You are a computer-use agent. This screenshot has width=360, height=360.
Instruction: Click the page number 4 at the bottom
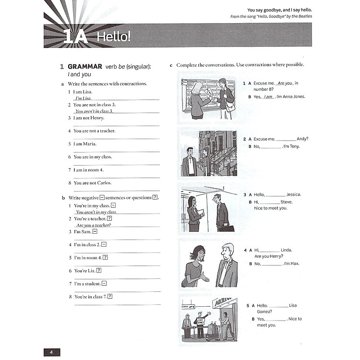click(x=51, y=352)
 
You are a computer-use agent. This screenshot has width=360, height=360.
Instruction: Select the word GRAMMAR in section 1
click(x=85, y=67)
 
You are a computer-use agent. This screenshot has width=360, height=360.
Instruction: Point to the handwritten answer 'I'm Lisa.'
click(x=83, y=98)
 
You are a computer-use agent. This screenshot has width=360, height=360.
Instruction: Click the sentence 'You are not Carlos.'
click(x=92, y=183)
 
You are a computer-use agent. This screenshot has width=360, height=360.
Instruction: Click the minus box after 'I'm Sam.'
click(x=95, y=231)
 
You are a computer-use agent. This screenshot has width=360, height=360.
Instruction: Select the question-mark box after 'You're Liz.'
click(x=99, y=271)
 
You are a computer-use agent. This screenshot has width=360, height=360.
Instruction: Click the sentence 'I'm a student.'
click(x=87, y=284)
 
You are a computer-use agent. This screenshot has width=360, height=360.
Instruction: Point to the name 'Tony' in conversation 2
click(x=294, y=146)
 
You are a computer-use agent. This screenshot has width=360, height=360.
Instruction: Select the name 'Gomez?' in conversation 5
click(x=264, y=312)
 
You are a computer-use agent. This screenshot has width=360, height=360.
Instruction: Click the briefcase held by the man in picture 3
click(x=227, y=228)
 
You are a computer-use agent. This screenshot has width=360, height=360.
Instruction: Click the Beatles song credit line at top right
click(x=271, y=17)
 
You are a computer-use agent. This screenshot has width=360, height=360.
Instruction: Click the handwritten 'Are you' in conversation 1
click(x=285, y=83)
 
